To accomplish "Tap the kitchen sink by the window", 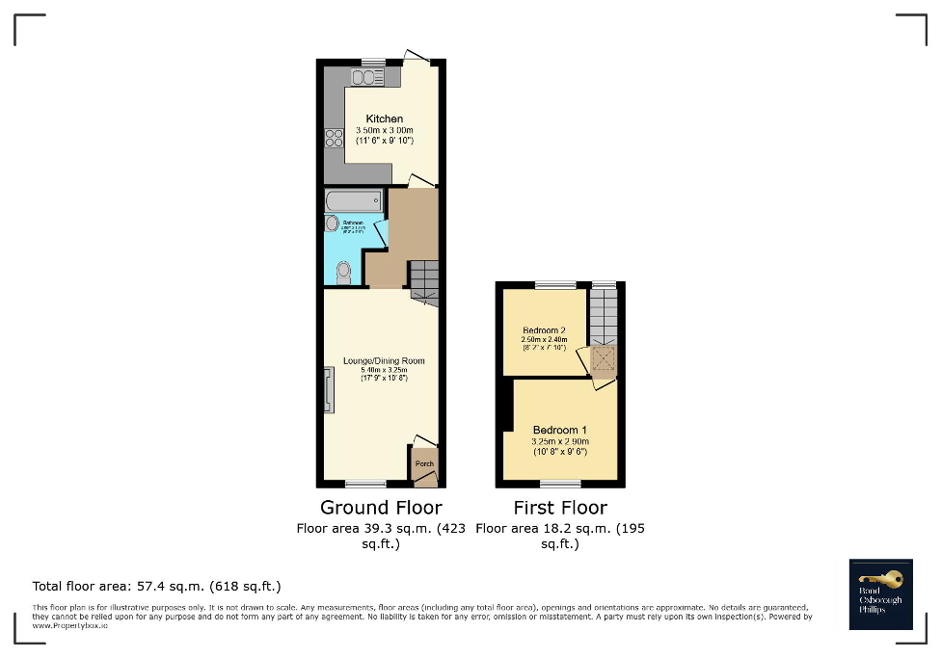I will pos(367,78).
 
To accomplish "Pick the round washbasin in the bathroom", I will pos(333,224).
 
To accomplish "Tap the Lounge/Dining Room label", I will pos(384,361).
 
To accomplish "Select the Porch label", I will pos(424,463).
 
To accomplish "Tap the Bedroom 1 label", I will pos(560,430).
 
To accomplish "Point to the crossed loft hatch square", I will pos(604,360).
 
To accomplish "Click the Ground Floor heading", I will pos(381,508).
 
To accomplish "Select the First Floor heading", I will pos(560,508).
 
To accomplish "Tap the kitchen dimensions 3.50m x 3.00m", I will pos(384,130).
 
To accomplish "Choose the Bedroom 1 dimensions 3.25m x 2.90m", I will pos(560,441).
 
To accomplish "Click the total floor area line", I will pos(156,586).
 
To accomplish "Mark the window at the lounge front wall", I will pos(365,483).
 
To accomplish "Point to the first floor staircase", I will pos(604,315).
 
